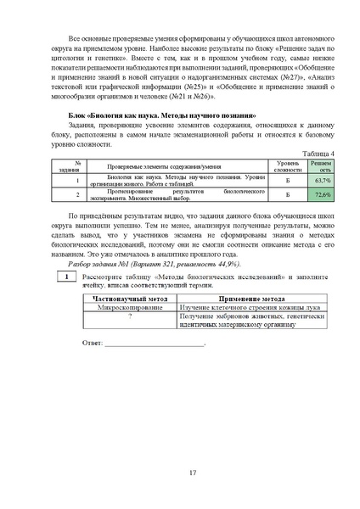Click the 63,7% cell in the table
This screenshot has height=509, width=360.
(322, 181)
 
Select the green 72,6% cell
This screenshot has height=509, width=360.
(322, 195)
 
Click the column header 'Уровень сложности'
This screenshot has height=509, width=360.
(287, 165)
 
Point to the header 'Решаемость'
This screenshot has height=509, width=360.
(322, 165)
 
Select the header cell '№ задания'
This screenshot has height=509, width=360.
(77, 165)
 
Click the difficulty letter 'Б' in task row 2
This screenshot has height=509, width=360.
(287, 195)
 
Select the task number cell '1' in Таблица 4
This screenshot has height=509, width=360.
(77, 181)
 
